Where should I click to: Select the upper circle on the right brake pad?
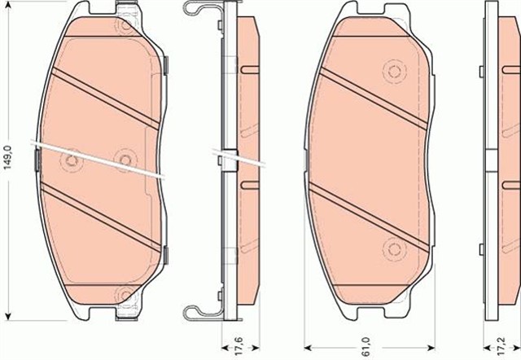[x=396, y=72]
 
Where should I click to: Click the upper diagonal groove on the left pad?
[x=106, y=95]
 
